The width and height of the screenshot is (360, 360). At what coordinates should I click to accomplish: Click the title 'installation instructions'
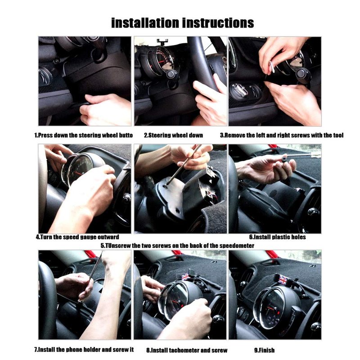coord(183,23)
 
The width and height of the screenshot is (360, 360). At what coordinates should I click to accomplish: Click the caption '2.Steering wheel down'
coord(173,135)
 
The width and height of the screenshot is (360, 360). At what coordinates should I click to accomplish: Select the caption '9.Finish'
coord(264,350)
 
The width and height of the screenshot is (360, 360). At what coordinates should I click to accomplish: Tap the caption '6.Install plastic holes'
coord(278,237)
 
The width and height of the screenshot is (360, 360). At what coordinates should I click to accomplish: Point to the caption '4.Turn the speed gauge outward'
coord(77,237)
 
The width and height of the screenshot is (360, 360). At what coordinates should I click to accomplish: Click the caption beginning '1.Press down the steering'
coord(84,135)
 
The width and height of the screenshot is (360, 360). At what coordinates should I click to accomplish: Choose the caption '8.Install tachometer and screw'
coord(187,351)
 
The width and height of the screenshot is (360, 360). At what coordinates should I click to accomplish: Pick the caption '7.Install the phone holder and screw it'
coord(84,350)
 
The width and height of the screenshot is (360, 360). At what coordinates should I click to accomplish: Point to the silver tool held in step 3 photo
coord(271,68)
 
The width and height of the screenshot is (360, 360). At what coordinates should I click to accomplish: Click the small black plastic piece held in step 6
coord(284,158)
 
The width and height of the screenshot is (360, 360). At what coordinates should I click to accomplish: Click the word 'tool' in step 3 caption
coord(338,135)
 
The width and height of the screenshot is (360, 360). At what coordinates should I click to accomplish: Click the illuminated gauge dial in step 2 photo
coord(162,60)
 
